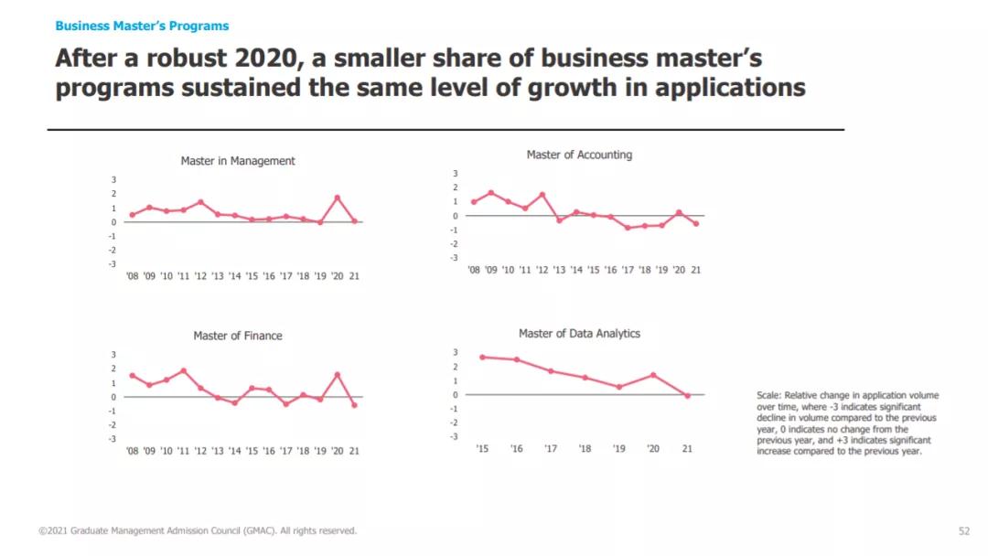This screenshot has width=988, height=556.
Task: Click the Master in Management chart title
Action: [x=238, y=161]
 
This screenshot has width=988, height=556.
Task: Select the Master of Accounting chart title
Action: [x=579, y=155]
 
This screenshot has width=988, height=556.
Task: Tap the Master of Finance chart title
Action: [x=238, y=336]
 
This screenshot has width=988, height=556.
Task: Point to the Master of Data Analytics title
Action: [x=579, y=334]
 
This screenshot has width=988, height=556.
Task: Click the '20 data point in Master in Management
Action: [x=338, y=198]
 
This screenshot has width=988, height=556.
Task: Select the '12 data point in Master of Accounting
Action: [x=542, y=195]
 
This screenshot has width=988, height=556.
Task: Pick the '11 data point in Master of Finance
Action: [x=184, y=370]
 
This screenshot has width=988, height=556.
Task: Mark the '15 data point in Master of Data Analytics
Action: [x=482, y=357]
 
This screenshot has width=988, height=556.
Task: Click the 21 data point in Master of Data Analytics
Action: [x=687, y=395]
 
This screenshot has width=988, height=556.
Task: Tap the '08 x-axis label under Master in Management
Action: [x=132, y=276]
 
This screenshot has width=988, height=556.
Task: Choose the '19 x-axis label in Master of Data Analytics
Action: [x=618, y=449]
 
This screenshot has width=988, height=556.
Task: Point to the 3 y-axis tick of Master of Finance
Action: [x=114, y=355]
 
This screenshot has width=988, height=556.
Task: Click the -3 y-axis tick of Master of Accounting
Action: [x=455, y=258]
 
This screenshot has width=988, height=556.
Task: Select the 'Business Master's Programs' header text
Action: [x=142, y=27]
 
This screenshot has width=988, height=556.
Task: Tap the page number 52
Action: [x=963, y=530]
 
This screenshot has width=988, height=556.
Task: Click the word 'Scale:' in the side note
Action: [x=768, y=396]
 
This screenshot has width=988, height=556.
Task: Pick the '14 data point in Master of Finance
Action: [x=235, y=403]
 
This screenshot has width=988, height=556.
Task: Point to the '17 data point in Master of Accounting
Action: [x=628, y=228]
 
